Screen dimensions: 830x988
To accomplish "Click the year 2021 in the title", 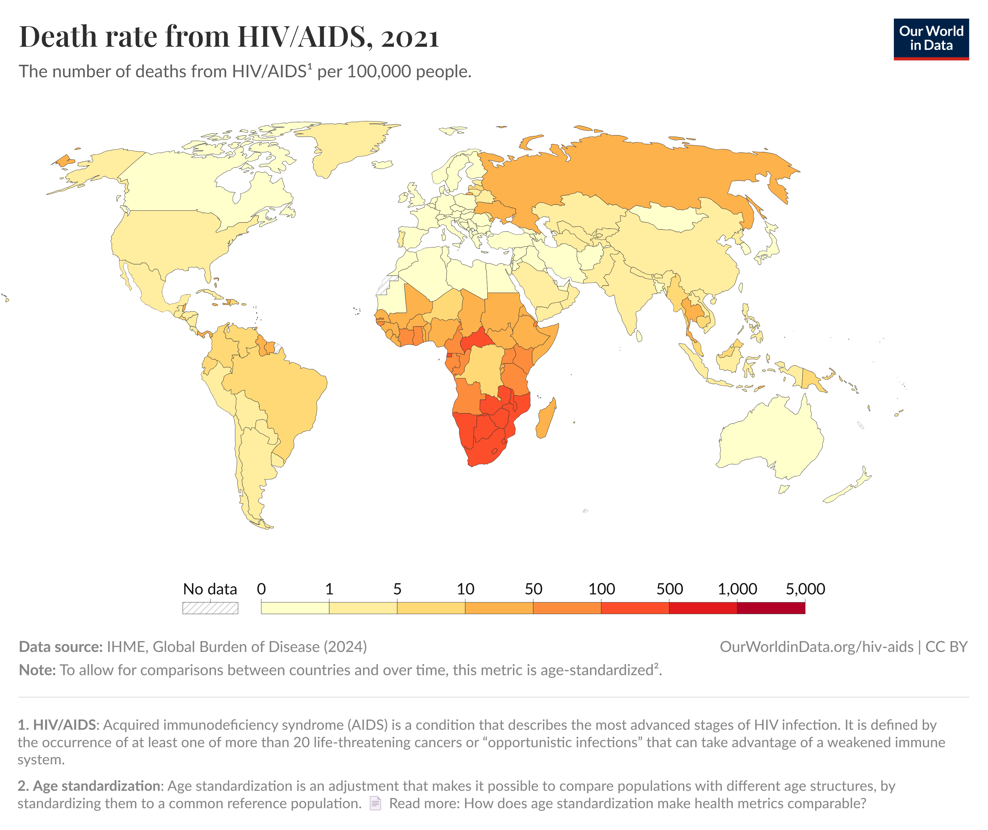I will (x=409, y=38).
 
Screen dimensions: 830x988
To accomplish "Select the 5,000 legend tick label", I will (x=805, y=589).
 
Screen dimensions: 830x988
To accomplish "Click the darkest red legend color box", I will (x=771, y=608).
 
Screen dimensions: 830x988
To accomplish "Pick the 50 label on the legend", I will (x=533, y=589).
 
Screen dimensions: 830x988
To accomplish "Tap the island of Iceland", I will (x=382, y=165).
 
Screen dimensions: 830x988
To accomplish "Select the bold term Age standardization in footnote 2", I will (x=96, y=786).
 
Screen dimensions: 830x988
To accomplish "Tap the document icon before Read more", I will (x=375, y=803).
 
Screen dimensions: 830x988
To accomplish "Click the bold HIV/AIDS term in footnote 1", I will (x=65, y=725).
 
